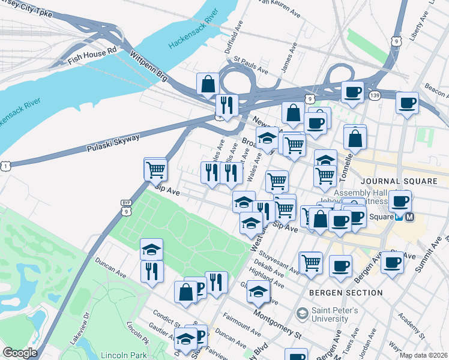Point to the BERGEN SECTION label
point(345,293)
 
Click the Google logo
point(20,353)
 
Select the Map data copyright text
point(423,355)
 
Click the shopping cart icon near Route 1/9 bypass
point(155,169)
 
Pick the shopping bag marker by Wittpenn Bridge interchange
point(207,85)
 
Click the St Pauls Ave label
point(251,65)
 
